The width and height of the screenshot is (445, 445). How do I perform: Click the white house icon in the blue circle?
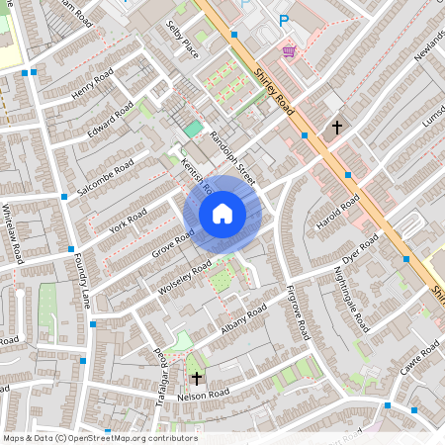(x=222, y=214)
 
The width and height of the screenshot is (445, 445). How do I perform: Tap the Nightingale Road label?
(x=351, y=300)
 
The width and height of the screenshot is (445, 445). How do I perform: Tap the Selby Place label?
(x=184, y=39)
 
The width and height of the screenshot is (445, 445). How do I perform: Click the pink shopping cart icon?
(x=289, y=50)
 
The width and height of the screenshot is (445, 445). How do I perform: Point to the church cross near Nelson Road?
(x=196, y=378)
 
